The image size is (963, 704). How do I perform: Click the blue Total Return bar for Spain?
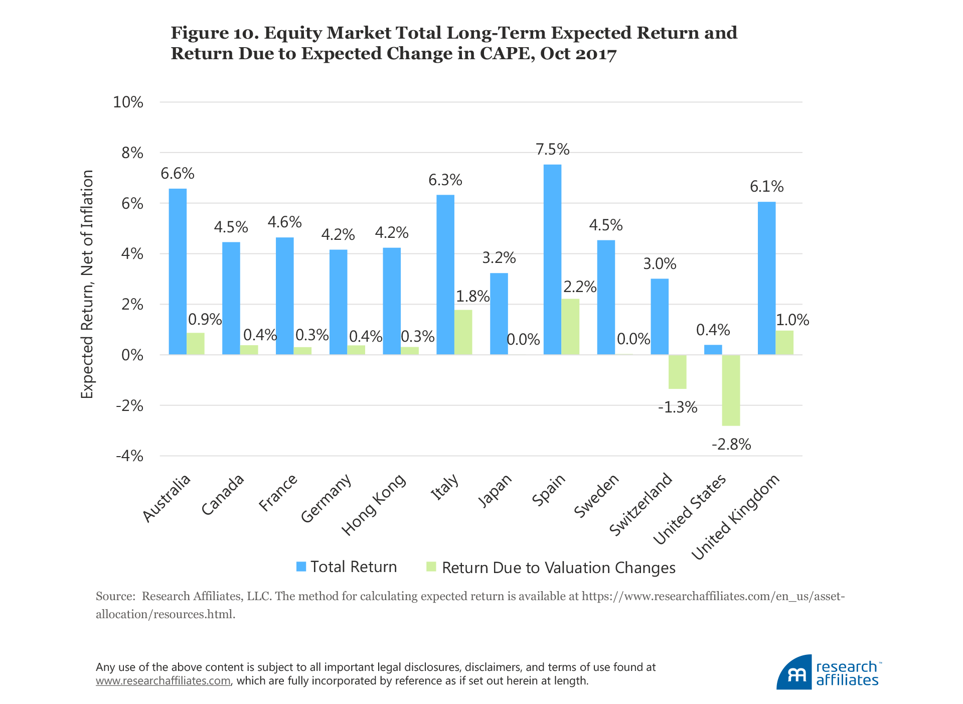(x=552, y=259)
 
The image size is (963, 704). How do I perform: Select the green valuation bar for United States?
(x=731, y=390)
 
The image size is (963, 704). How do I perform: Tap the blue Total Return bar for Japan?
(x=499, y=314)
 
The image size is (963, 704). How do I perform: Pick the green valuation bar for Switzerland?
(x=677, y=372)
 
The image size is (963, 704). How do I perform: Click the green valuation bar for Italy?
(x=463, y=332)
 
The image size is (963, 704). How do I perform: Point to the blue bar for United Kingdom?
(x=766, y=278)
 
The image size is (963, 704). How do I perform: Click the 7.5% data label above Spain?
(x=552, y=150)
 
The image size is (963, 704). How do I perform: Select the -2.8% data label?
(x=731, y=445)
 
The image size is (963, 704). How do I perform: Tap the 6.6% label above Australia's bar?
(x=177, y=174)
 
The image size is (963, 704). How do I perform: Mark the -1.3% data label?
(x=678, y=407)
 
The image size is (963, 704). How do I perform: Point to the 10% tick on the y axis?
(x=128, y=102)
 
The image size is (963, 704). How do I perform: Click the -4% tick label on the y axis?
(x=129, y=456)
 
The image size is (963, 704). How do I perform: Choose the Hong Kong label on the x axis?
(x=374, y=504)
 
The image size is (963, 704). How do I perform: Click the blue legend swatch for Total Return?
(x=301, y=567)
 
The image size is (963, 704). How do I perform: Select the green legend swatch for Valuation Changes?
(x=431, y=567)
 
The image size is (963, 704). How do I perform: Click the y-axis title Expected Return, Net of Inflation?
(x=87, y=284)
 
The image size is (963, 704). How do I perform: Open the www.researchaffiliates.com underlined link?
(x=163, y=681)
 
